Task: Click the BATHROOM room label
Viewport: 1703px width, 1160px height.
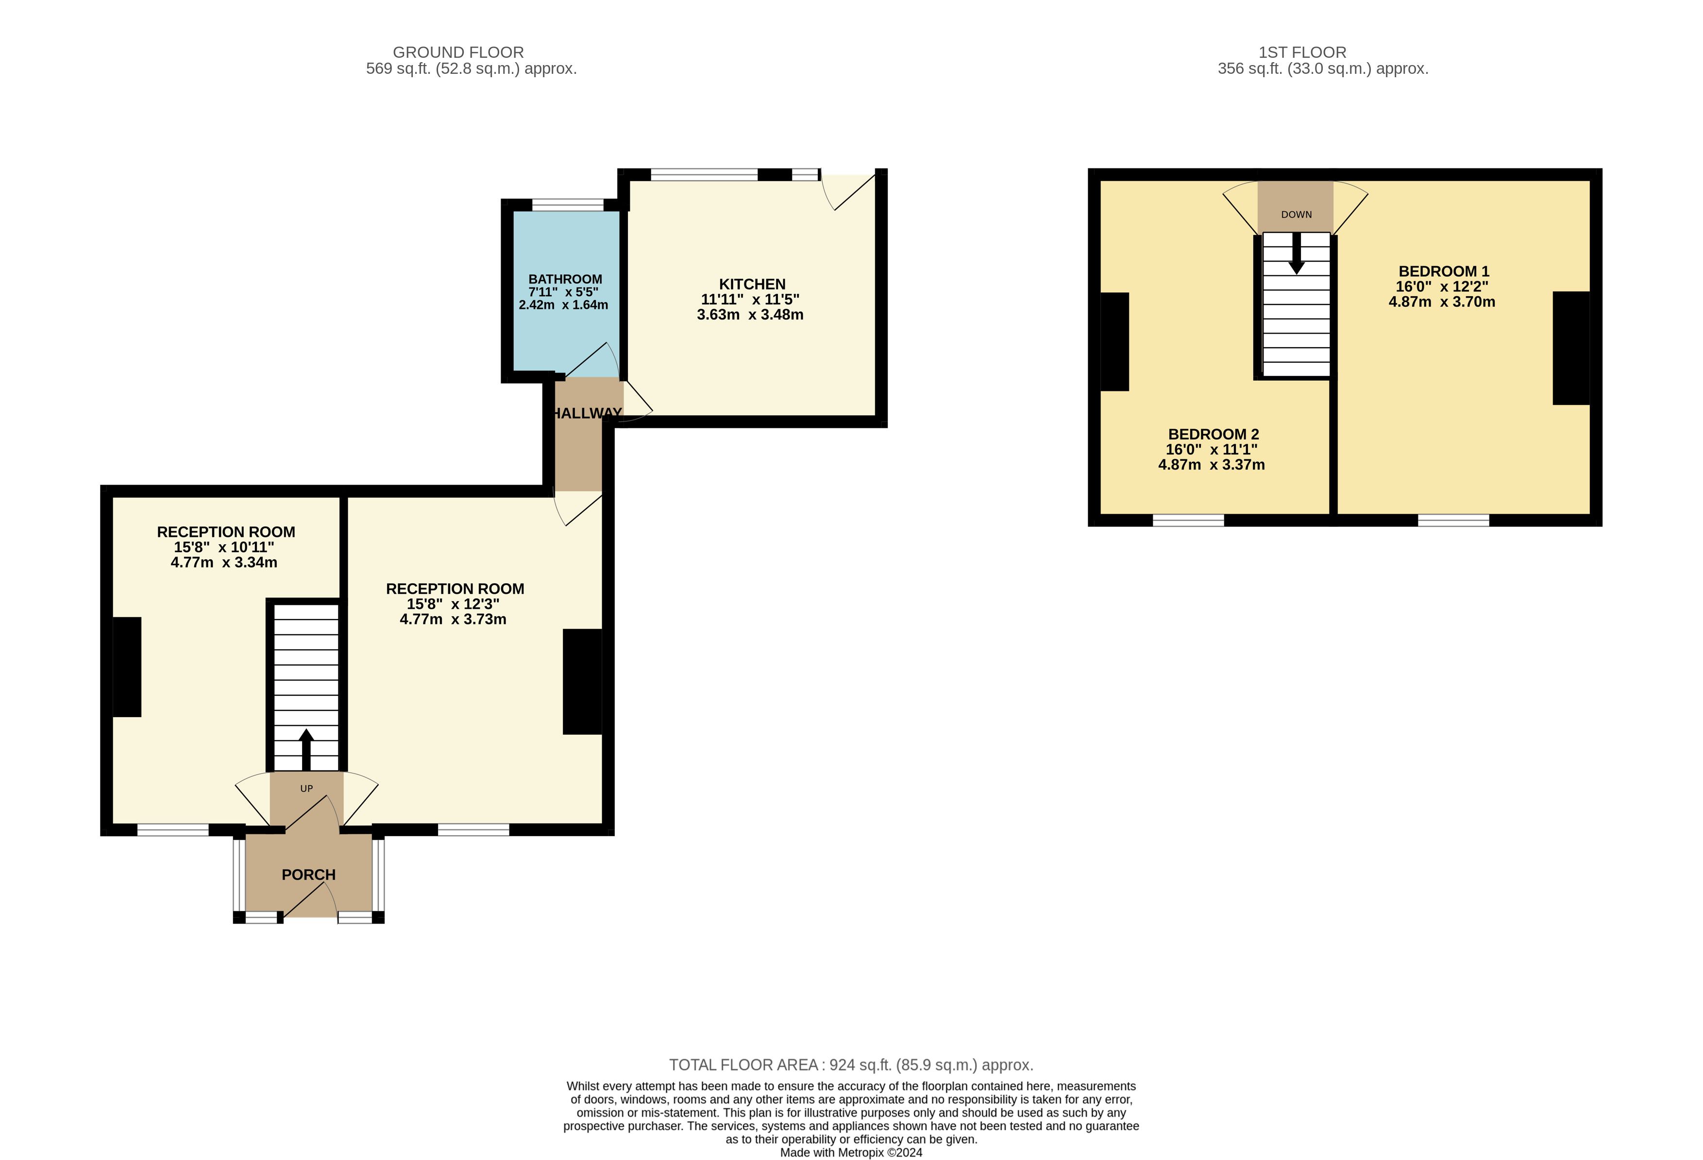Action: pyautogui.click(x=565, y=279)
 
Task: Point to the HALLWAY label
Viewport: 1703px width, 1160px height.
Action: pyautogui.click(x=586, y=413)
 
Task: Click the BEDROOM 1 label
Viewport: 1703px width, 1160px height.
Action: pyautogui.click(x=1444, y=271)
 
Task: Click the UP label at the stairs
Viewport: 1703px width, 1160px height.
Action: pyautogui.click(x=306, y=789)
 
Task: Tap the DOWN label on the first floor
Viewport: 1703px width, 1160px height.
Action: pyautogui.click(x=1296, y=215)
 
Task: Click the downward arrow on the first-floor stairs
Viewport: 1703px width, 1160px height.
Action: pyautogui.click(x=1296, y=253)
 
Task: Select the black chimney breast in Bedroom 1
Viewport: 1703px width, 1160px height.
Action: pyautogui.click(x=1570, y=348)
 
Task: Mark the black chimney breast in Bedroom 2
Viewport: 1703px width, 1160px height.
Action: pyautogui.click(x=1114, y=341)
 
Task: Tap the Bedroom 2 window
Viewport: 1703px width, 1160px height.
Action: pyautogui.click(x=1188, y=521)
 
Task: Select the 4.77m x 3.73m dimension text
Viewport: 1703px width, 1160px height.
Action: pyautogui.click(x=453, y=619)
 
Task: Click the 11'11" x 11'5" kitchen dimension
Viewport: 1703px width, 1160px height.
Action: pyautogui.click(x=750, y=300)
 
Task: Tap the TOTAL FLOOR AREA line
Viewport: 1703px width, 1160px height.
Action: pyautogui.click(x=851, y=1065)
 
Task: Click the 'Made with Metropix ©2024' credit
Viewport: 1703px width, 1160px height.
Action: pyautogui.click(x=851, y=1153)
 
